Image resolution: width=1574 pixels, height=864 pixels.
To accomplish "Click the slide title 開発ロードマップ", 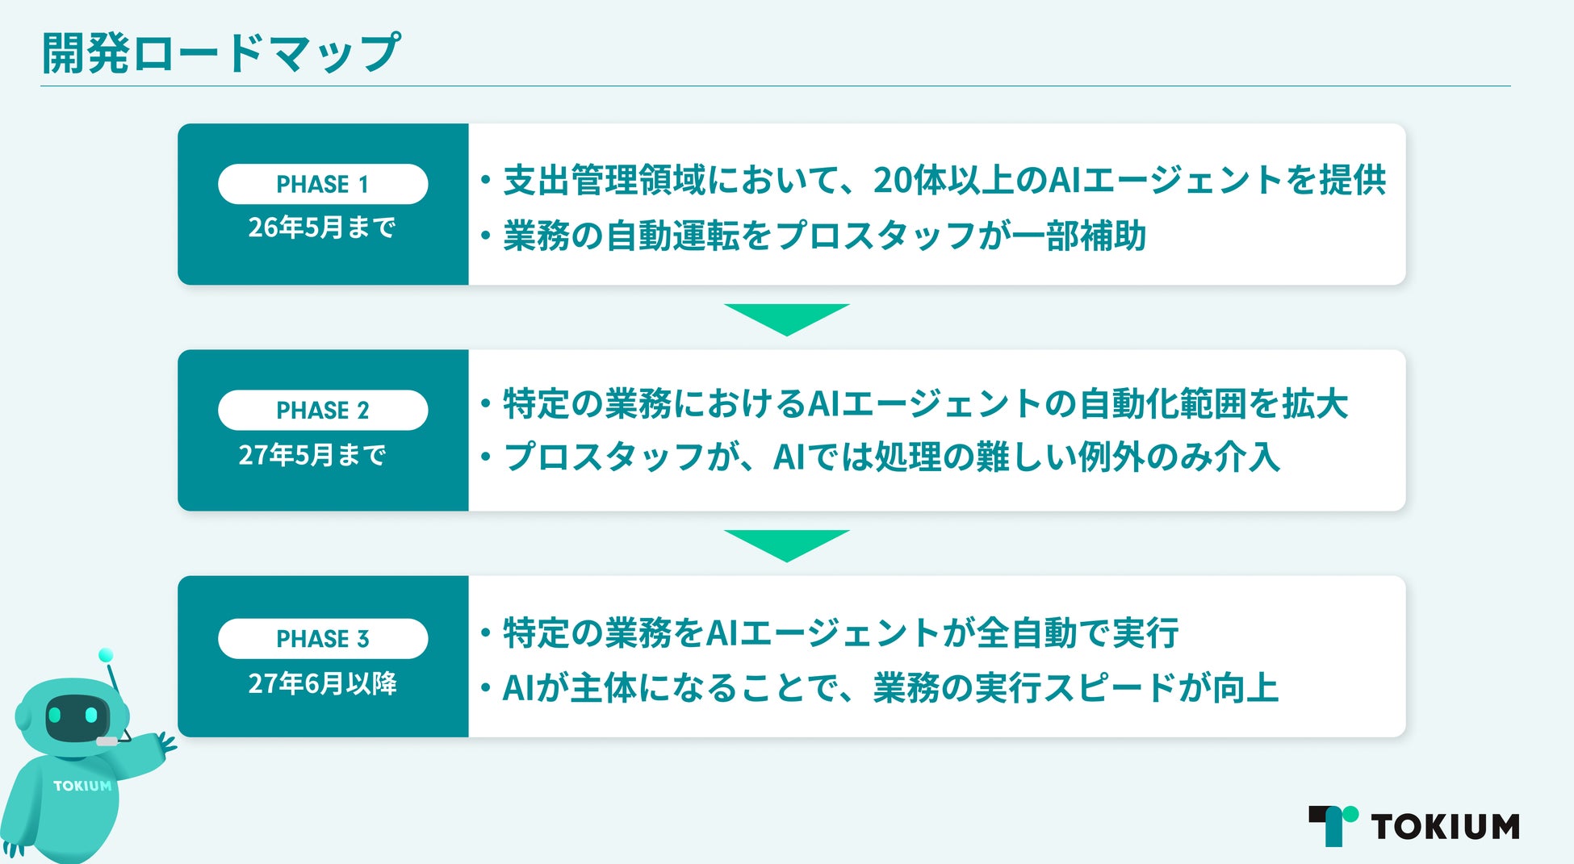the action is pyautogui.click(x=220, y=53).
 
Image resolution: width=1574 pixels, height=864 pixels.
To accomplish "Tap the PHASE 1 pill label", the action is pyautogui.click(x=322, y=184).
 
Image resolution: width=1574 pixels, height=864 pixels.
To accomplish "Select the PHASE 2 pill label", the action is pyautogui.click(x=322, y=410).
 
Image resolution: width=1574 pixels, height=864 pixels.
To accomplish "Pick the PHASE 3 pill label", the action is pyautogui.click(x=322, y=638).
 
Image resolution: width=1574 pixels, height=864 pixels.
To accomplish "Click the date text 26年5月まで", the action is pyautogui.click(x=321, y=227).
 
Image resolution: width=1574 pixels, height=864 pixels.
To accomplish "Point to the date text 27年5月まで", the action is pyautogui.click(x=312, y=455).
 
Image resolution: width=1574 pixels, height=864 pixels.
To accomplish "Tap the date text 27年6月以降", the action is pyautogui.click(x=322, y=683).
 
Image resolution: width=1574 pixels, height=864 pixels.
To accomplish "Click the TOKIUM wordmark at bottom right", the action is pyautogui.click(x=1445, y=827).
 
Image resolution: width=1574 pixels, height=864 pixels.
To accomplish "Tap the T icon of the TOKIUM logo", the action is pyautogui.click(x=1332, y=824).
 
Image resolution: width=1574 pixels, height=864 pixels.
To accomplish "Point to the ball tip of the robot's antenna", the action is pyautogui.click(x=105, y=655).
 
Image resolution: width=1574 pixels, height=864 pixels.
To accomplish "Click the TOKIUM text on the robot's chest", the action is pyautogui.click(x=82, y=786).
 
